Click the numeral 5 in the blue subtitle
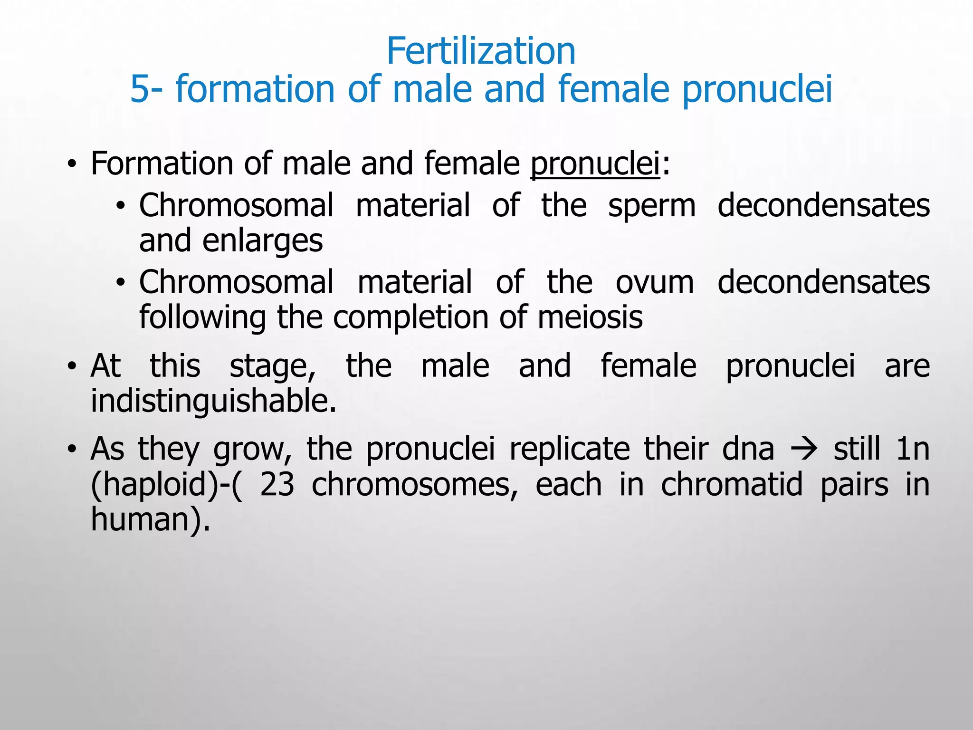140,89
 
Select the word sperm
652,206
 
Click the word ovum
655,283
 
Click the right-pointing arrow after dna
803,449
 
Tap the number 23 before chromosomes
277,485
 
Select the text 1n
912,449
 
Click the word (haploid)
154,485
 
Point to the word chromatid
732,485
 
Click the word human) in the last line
150,519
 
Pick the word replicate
569,449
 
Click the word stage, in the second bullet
272,367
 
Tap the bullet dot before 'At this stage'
72,366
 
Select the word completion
410,317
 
